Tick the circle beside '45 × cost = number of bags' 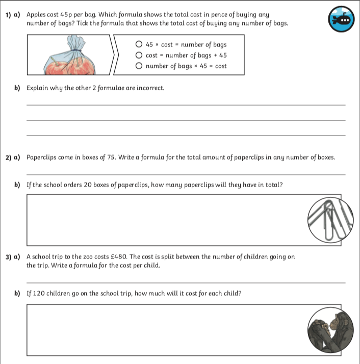pos(139,45)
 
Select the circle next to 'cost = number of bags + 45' pos(139,56)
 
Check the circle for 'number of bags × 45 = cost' pos(139,66)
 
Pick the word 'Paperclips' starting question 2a pos(41,158)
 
